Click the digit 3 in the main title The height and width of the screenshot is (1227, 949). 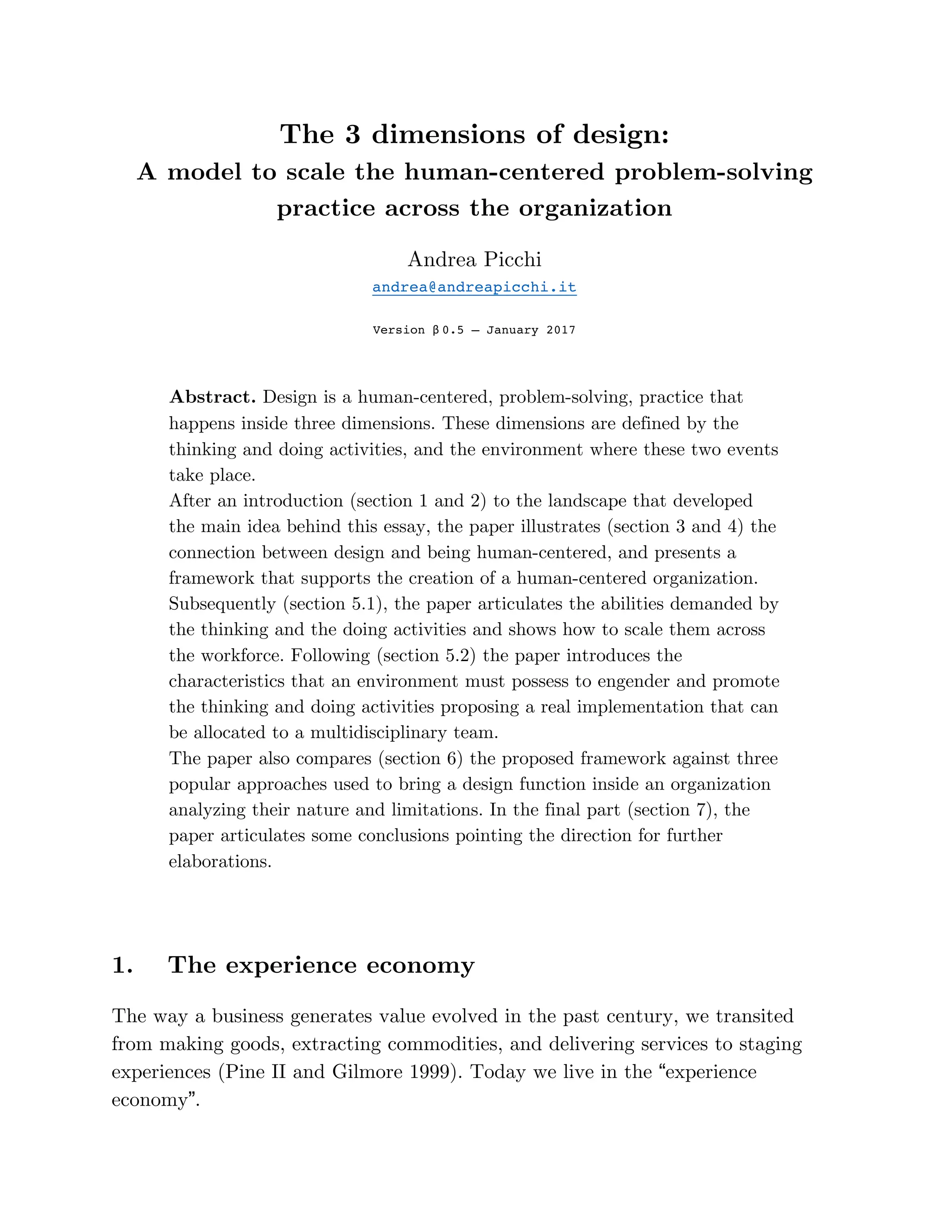coord(352,134)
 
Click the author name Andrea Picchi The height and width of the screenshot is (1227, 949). coord(474,260)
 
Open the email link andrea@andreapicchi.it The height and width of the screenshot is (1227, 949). coord(474,287)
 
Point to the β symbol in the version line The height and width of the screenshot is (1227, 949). coord(436,330)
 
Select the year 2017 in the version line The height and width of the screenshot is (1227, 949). coord(561,330)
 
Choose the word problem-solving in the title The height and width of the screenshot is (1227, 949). coord(714,172)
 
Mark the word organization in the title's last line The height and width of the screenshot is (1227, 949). coord(595,208)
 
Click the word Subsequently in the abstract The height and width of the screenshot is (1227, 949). coord(222,604)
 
